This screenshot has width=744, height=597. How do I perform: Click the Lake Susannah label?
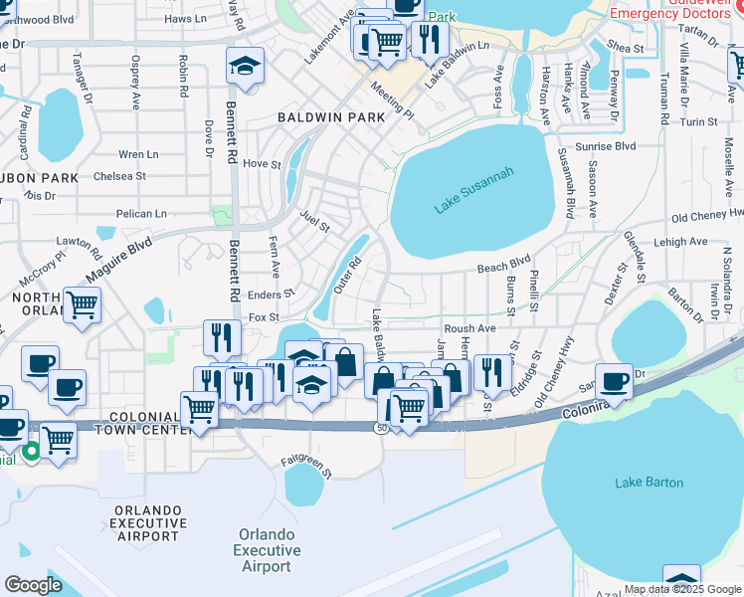coord(473,191)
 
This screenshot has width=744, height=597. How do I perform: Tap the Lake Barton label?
coord(649,483)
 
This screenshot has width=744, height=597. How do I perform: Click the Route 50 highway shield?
coord(382,427)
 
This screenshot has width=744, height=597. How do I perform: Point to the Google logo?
coord(33,584)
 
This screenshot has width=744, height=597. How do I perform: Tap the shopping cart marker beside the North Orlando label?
coord(83,303)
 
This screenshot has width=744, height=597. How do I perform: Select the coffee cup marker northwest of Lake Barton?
coord(614,380)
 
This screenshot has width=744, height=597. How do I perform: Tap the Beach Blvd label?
coord(504,265)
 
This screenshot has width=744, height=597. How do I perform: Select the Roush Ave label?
coord(469,328)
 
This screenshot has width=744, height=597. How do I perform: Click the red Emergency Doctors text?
coord(676,13)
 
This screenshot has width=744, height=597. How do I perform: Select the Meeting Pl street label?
coord(392,99)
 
